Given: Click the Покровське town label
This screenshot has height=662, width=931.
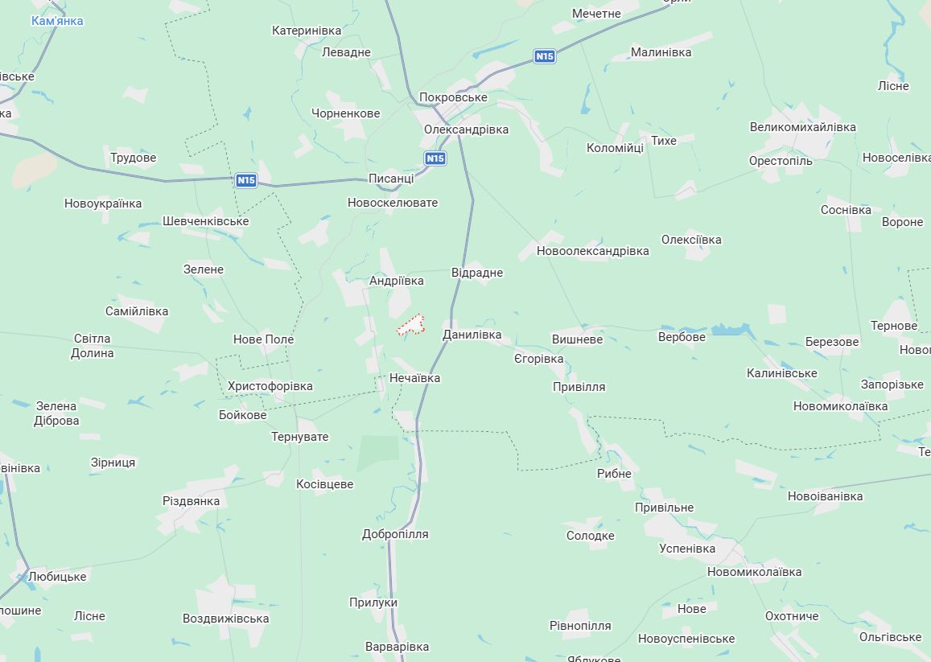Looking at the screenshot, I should pos(453,97).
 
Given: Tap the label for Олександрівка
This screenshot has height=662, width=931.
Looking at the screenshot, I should pos(467,130).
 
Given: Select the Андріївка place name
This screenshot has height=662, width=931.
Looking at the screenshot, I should pos(396,281).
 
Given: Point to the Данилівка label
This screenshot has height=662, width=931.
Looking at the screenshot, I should pos(472,335).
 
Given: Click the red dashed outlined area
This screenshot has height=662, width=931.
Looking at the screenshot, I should pos(411,324).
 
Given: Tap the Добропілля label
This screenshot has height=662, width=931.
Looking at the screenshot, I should pos(395,534).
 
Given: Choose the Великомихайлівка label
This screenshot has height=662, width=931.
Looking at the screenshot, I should pos(802,127).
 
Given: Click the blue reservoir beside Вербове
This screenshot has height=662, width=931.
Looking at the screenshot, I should pos(729,330).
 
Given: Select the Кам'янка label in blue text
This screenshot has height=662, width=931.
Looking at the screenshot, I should pos(57,21).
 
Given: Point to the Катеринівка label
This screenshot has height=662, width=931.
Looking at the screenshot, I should pos(307,31).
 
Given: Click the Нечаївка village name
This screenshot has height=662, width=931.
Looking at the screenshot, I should pos(414,377).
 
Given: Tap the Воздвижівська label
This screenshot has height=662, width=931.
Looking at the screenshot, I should pos(225,619).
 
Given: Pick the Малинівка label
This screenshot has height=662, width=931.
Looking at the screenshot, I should pos(661,52).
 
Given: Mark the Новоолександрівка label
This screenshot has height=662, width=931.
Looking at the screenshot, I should pos(592,251).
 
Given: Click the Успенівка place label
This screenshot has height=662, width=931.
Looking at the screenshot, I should pos(687,549).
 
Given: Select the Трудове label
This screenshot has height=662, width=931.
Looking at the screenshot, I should pos(133,158).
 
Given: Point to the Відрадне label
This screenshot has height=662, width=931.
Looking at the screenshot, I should pos(476,273).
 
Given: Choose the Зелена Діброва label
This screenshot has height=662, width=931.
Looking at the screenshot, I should pos(56,413).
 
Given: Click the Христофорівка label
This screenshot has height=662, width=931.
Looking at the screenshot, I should pos(270,386).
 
